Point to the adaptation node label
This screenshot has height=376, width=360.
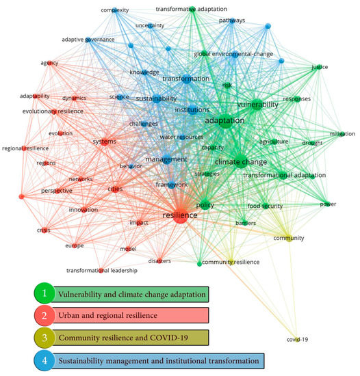click(224, 120)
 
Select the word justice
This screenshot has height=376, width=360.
click(320, 67)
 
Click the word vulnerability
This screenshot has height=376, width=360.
click(257, 105)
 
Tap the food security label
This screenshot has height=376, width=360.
click(263, 205)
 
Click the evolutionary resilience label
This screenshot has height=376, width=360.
click(47, 110)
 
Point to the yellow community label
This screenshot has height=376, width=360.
click(288, 238)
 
